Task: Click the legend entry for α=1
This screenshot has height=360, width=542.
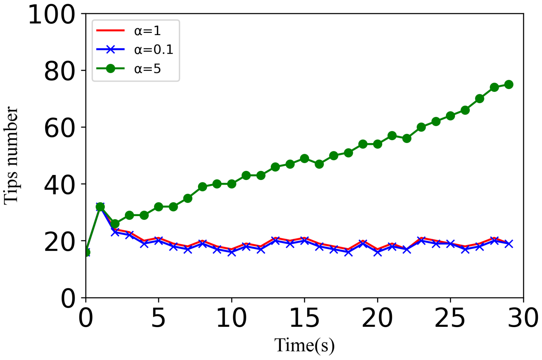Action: [147, 31]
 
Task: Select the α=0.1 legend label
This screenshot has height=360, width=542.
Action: [154, 50]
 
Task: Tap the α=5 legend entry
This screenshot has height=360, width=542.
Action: [147, 69]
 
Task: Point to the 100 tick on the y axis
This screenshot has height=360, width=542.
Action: [52, 15]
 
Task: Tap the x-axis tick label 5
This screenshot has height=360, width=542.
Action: [158, 318]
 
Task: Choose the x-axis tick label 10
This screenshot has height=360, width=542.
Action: [231, 318]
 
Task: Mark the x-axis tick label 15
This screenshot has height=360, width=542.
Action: [304, 318]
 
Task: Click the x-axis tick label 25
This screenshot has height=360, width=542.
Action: [450, 318]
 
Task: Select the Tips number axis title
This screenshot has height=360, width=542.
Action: [11, 156]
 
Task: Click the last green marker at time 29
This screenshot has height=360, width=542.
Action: [509, 85]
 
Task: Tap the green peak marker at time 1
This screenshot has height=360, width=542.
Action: [100, 207]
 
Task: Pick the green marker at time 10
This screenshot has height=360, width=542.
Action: [231, 184]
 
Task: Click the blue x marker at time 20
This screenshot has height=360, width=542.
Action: [377, 252]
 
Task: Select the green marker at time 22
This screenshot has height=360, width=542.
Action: [407, 138]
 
